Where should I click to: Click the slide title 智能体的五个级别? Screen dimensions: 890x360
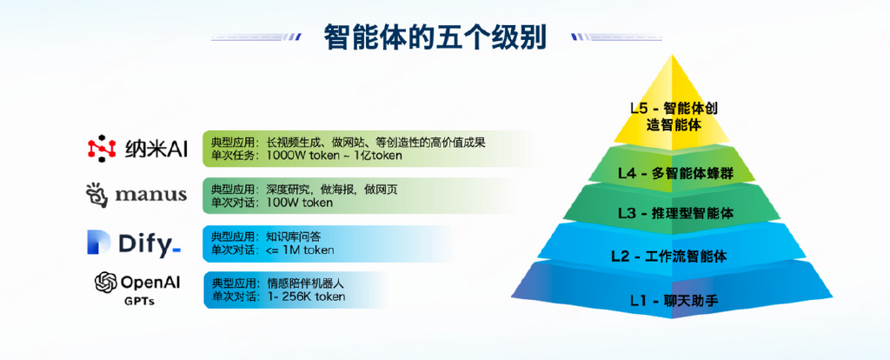tap(435, 37)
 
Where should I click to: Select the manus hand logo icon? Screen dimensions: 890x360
tap(97, 196)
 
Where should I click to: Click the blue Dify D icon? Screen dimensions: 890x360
tap(99, 243)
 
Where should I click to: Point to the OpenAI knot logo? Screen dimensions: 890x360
tap(105, 282)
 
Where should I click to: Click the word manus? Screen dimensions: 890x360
tap(150, 195)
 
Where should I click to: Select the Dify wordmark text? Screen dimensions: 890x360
tap(149, 244)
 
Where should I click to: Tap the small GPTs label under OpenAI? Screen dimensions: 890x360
tap(140, 302)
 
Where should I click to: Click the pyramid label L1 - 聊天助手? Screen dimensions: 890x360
tap(674, 300)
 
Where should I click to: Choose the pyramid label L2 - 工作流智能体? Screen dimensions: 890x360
tap(668, 257)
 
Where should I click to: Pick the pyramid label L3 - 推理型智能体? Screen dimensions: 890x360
tap(675, 214)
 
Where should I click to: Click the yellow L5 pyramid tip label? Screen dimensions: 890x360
tap(674, 117)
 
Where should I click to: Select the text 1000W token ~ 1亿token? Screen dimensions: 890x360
tap(334, 156)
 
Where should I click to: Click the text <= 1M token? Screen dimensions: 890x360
tap(300, 250)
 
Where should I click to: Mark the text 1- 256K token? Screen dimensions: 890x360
tap(305, 297)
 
